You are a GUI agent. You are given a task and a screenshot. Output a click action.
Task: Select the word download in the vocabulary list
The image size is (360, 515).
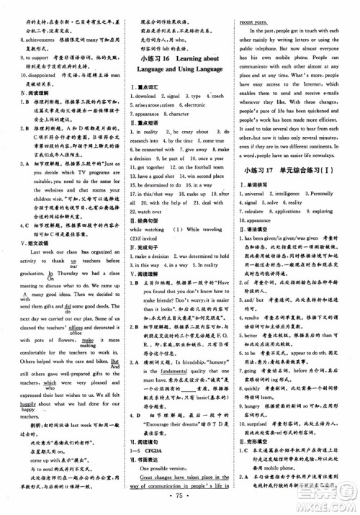143,95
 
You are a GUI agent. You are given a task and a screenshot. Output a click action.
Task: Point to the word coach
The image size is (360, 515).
217,95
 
